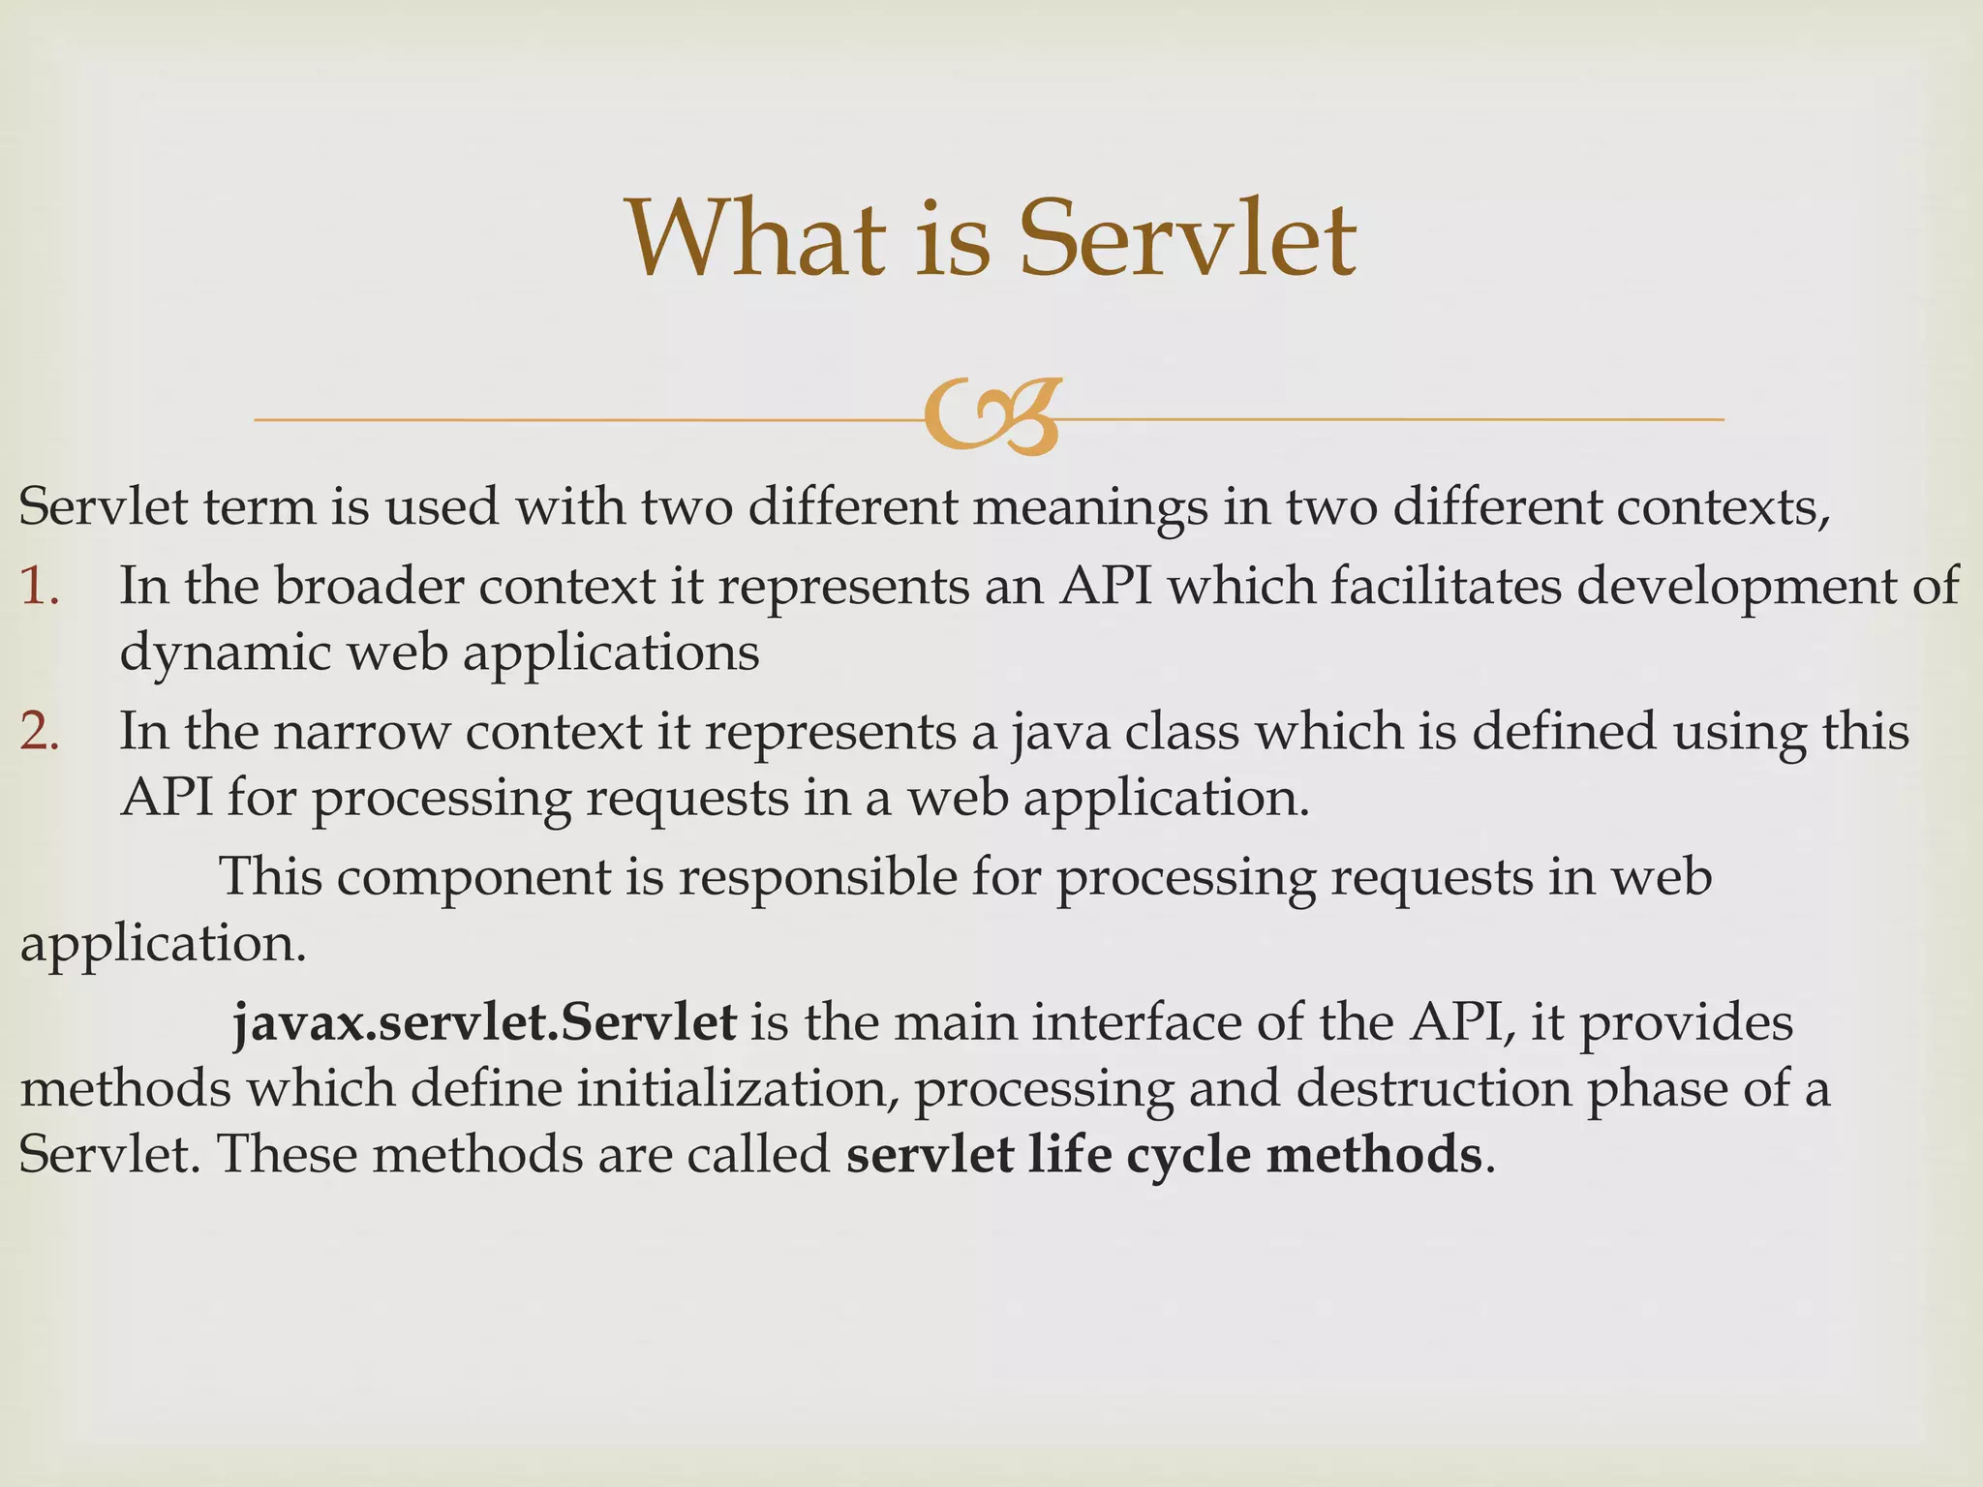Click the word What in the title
pos(755,238)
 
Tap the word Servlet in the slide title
pos(1188,238)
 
